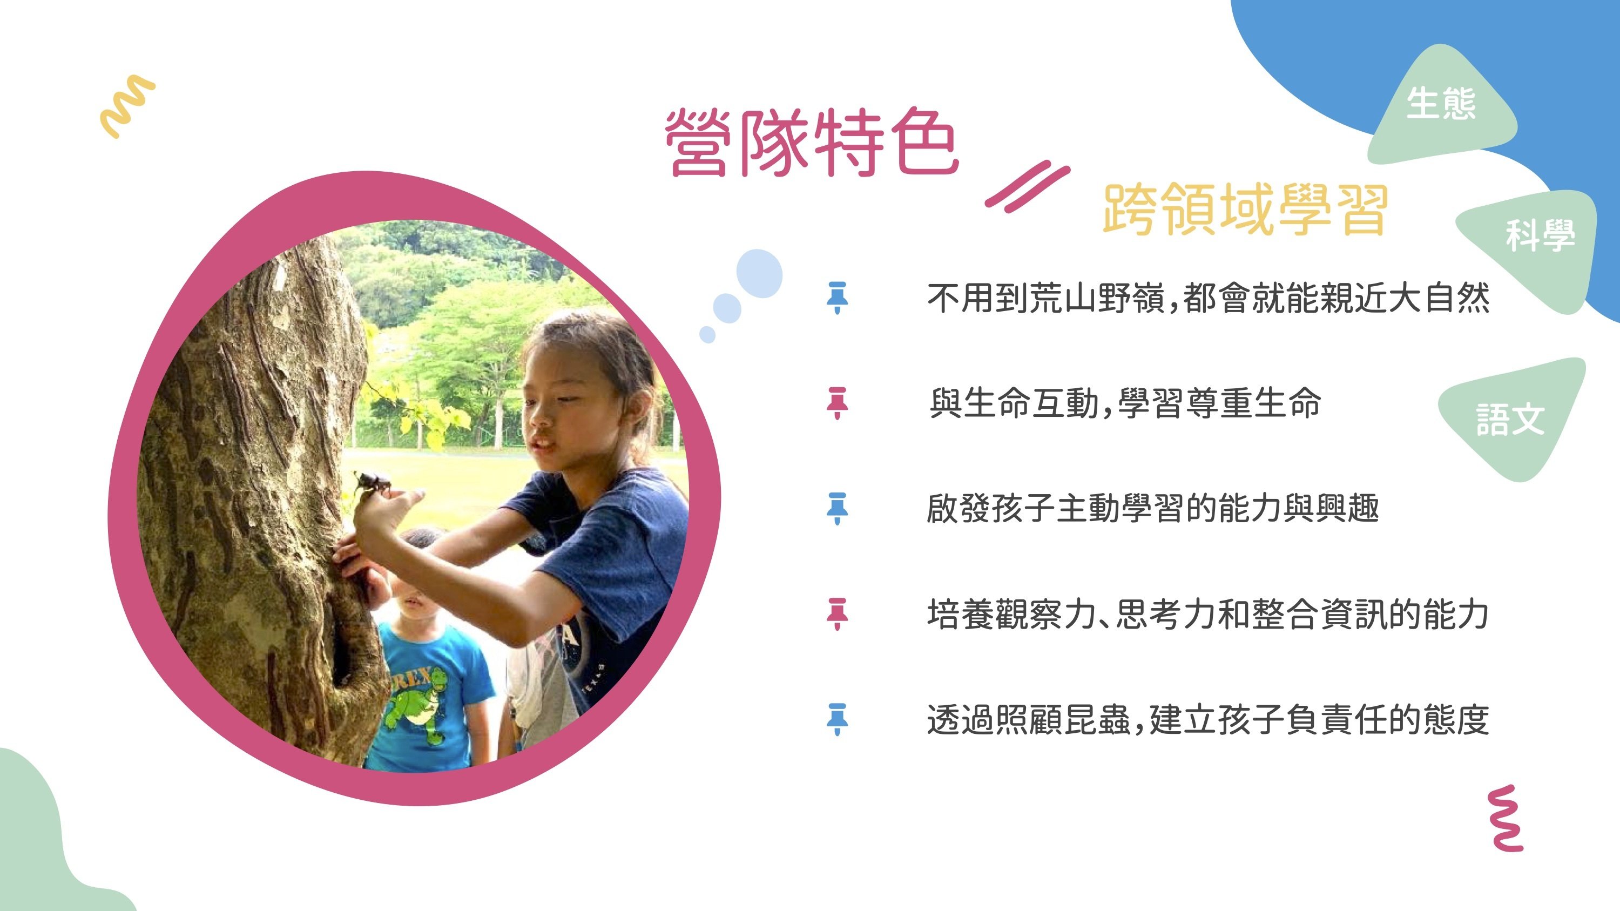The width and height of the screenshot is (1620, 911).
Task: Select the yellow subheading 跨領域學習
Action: tap(1245, 210)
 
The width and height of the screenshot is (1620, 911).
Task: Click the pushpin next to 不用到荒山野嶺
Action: tap(837, 298)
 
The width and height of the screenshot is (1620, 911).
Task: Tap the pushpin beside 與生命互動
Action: tap(837, 403)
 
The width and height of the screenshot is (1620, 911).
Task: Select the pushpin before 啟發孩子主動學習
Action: tap(837, 509)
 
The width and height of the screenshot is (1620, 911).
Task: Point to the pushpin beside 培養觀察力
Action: tap(837, 614)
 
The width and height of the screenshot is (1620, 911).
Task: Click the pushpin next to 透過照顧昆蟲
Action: tap(837, 719)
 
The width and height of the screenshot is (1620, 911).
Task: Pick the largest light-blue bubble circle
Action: tap(759, 273)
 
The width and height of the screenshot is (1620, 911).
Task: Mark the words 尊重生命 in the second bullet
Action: tap(1253, 403)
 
